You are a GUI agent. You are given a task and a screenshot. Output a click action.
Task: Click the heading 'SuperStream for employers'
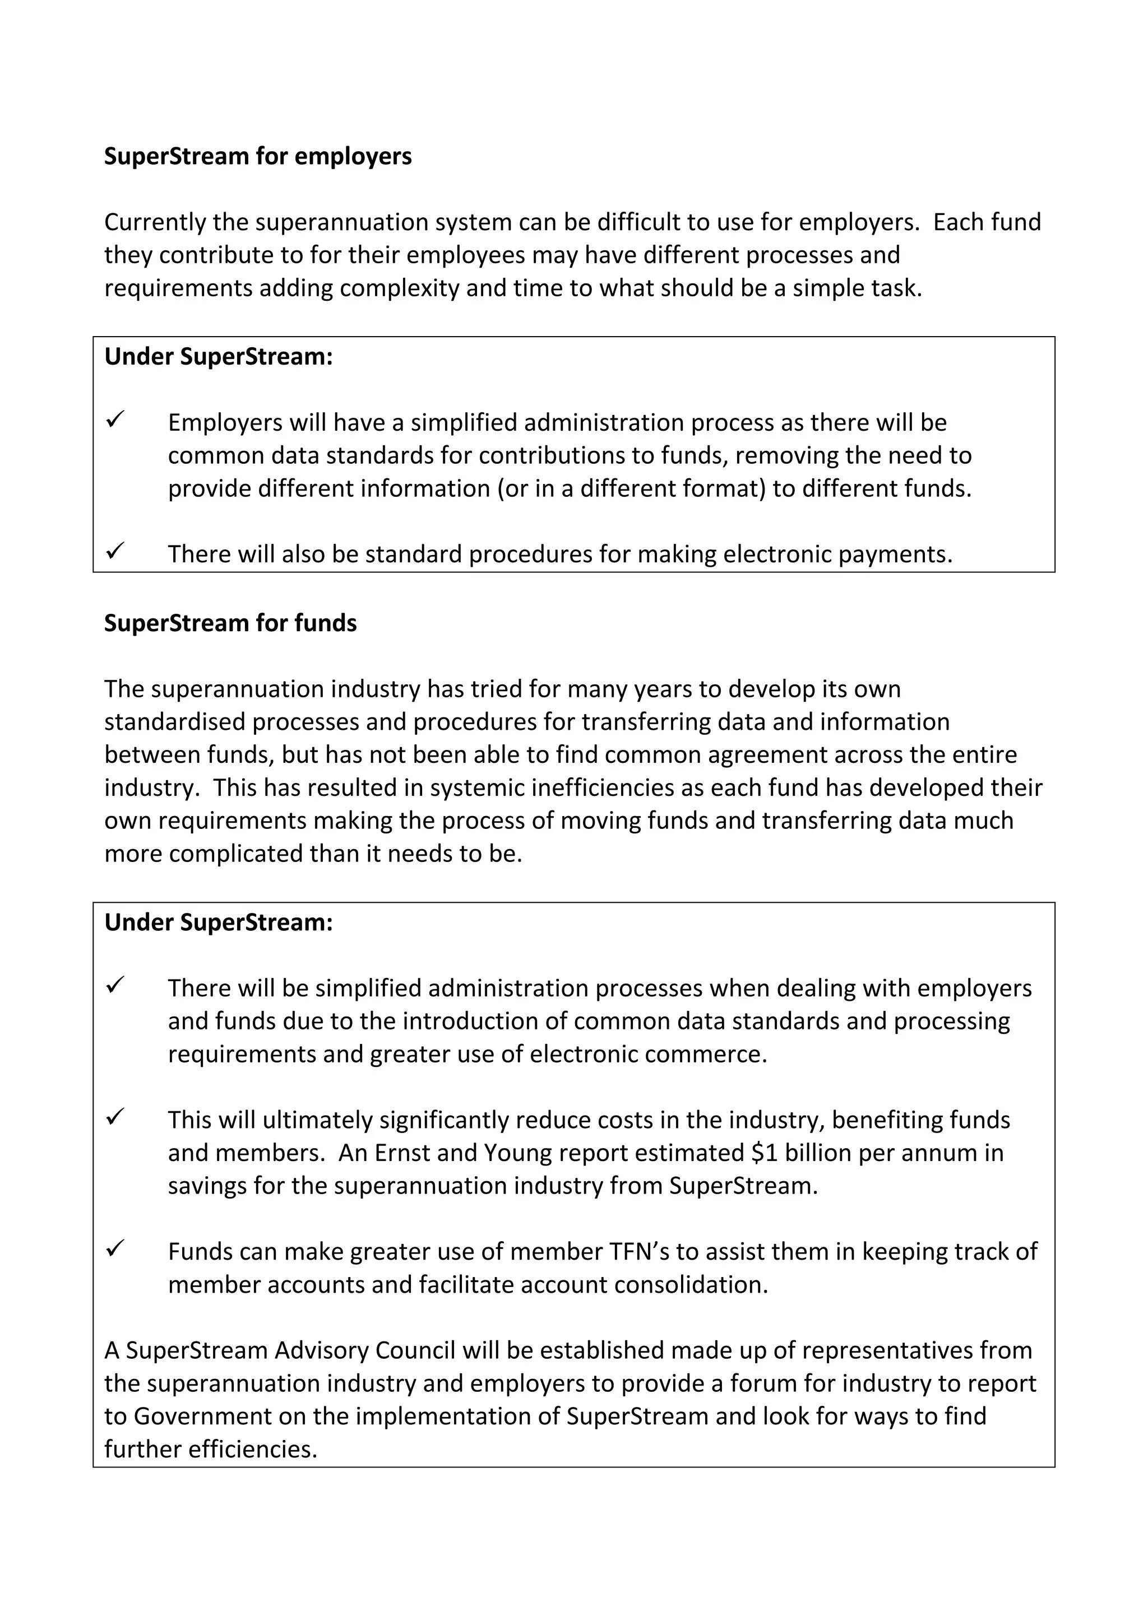point(257,156)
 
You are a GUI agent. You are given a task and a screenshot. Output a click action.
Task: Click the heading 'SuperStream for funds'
point(230,623)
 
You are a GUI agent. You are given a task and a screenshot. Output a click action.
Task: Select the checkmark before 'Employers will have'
point(115,419)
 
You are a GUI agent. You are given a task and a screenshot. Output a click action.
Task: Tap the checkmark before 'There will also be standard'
point(115,549)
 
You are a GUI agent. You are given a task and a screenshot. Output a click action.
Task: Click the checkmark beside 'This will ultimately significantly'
point(115,1116)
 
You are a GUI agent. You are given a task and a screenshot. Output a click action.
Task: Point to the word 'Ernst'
point(401,1153)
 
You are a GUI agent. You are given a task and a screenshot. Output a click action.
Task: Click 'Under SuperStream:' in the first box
point(219,357)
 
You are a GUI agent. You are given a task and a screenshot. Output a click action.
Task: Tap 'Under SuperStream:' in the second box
point(219,922)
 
